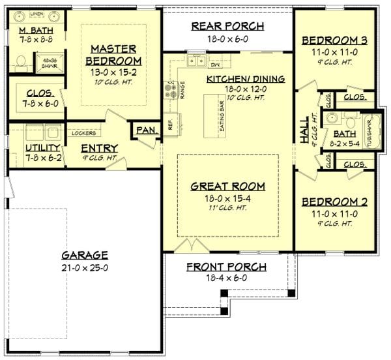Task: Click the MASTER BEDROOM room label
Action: coord(113,55)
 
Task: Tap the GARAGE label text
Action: coord(84,254)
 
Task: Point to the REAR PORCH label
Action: coord(227,26)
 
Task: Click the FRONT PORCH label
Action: coord(226,266)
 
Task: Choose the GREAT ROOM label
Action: coord(227,186)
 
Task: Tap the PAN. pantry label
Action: coord(145,130)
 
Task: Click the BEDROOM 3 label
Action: coord(334,40)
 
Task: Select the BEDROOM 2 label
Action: coord(334,202)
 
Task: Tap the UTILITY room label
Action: coord(21,148)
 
